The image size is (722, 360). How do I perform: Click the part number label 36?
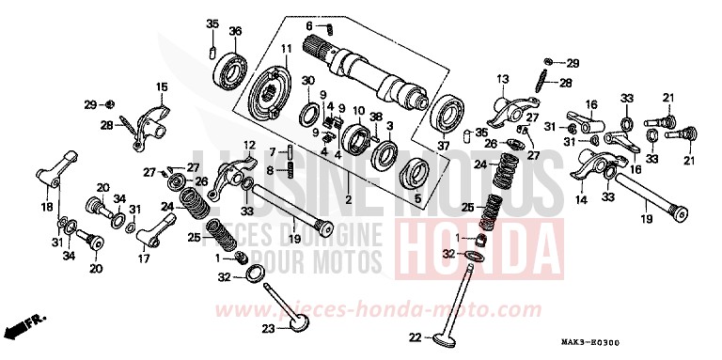[235, 30]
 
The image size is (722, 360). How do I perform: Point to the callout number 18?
[45, 207]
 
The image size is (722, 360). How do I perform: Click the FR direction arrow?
[21, 329]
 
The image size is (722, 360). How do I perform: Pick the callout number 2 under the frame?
[347, 199]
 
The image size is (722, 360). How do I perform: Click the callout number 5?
[419, 199]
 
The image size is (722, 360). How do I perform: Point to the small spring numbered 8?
[290, 169]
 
